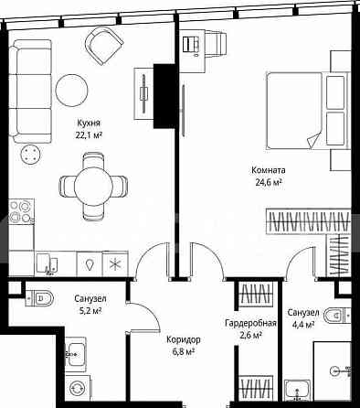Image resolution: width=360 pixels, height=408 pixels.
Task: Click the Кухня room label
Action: click(x=89, y=123)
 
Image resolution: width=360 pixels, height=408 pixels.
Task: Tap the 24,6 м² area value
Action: click(x=268, y=182)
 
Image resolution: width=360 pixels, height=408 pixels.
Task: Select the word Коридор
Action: click(x=184, y=339)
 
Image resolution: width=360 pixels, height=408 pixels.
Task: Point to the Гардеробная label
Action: click(x=250, y=323)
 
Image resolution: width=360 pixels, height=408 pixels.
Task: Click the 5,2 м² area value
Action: click(x=90, y=311)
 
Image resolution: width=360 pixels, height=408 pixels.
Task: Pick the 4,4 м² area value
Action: click(x=303, y=325)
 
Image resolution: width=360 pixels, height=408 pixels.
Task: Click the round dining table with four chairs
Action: click(x=93, y=187)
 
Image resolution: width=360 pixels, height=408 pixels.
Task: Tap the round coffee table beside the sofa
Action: click(x=71, y=91)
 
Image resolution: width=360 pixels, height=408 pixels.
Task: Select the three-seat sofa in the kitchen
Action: click(x=30, y=91)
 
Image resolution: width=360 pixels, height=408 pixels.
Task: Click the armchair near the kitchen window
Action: click(x=104, y=46)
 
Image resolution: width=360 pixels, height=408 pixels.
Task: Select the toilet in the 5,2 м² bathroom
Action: click(x=39, y=298)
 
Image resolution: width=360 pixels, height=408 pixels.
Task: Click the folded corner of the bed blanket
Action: click(x=313, y=141)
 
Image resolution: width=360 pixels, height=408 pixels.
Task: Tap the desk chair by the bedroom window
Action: click(x=217, y=43)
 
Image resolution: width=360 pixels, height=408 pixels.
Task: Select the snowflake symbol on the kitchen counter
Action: click(x=115, y=263)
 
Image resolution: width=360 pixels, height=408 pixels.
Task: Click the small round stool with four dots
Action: click(x=30, y=155)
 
